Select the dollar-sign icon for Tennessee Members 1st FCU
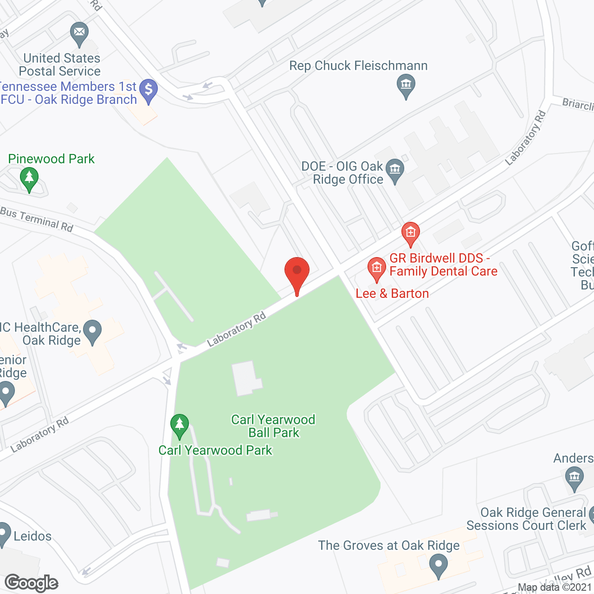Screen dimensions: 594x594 pyautogui.click(x=148, y=89)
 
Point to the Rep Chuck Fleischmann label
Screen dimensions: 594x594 pyautogui.click(x=358, y=66)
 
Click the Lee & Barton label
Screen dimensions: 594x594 pyautogui.click(x=392, y=293)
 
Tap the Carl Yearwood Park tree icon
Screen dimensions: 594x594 pyautogui.click(x=180, y=425)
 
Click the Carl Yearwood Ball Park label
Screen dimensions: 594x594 pyautogui.click(x=273, y=426)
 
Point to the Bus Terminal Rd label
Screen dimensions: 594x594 pyautogui.click(x=37, y=219)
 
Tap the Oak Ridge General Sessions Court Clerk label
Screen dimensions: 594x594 pyautogui.click(x=527, y=519)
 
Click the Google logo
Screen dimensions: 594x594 pyautogui.click(x=32, y=583)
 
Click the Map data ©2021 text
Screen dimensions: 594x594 pyautogui.click(x=555, y=587)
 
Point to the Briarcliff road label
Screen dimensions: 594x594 pyautogui.click(x=578, y=104)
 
